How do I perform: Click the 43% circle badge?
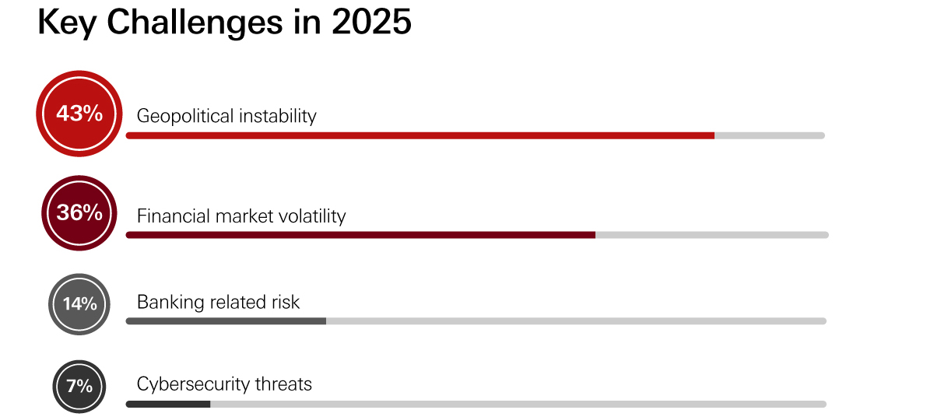coord(79,114)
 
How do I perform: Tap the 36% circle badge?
coord(79,212)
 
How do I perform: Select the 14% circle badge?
coord(79,303)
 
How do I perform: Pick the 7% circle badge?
coord(79,385)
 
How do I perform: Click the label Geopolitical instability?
coord(226,116)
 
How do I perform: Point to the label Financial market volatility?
coord(241,216)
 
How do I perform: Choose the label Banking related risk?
coord(218,302)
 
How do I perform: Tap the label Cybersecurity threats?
coord(224,384)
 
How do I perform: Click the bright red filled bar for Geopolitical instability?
coord(420,135)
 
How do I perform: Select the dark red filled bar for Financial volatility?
coord(360,234)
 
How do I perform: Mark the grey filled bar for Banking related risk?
coord(226,321)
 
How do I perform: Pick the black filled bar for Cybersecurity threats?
coord(168,404)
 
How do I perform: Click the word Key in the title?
coord(68,23)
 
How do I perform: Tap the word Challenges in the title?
coord(195,23)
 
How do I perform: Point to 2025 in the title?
coord(371,23)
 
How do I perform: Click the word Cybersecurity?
coord(192,384)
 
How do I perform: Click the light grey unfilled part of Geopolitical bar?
coord(769,135)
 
